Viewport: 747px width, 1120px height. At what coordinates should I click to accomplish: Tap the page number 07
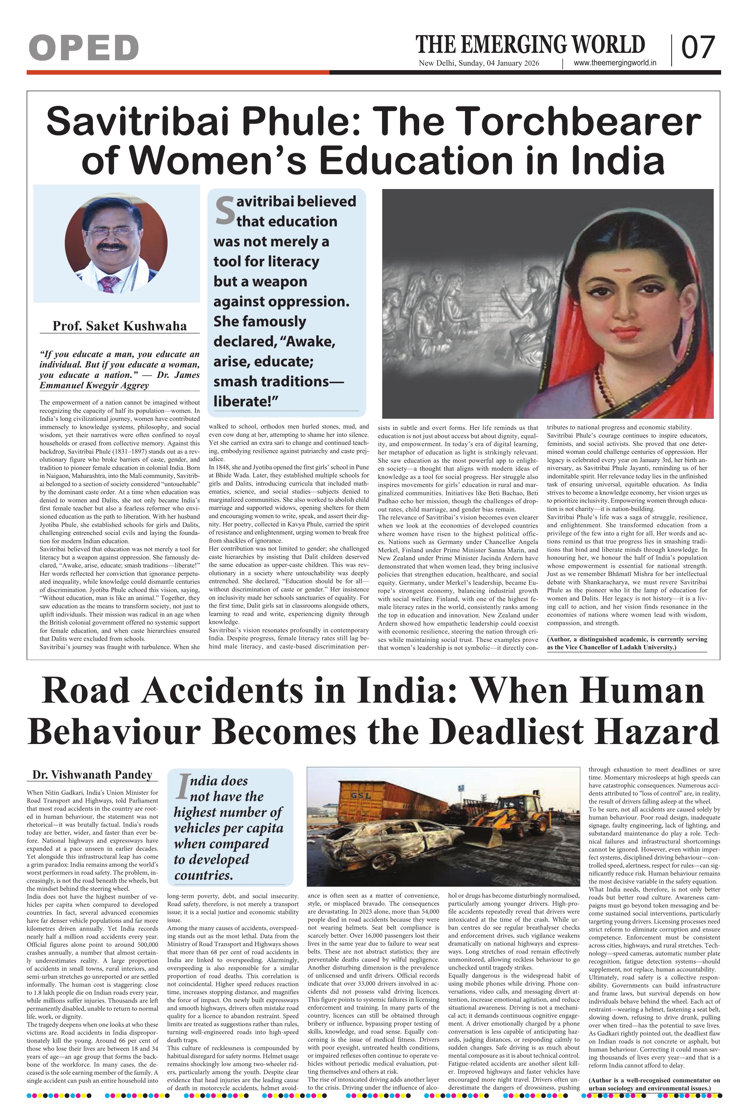point(698,48)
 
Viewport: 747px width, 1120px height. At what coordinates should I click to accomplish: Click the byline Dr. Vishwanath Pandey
point(92,775)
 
